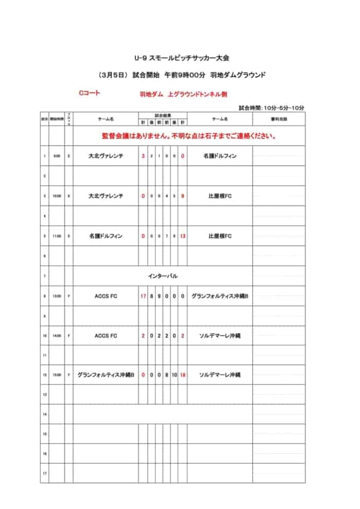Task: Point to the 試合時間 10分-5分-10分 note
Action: pyautogui.click(x=272, y=108)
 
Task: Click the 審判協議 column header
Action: pyautogui.click(x=278, y=119)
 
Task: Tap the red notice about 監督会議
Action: pyautogui.click(x=190, y=137)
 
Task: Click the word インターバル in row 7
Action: pyautogui.click(x=163, y=276)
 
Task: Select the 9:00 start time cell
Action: pyautogui.click(x=57, y=156)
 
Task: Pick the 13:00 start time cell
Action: pyautogui.click(x=57, y=296)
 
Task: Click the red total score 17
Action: pyautogui.click(x=143, y=296)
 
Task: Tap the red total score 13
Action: pyautogui.click(x=183, y=236)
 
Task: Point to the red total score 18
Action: pyautogui.click(x=183, y=375)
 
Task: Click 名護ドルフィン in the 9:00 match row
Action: pyautogui.click(x=220, y=156)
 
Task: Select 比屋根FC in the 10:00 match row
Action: pyautogui.click(x=220, y=196)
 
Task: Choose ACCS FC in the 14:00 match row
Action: pyautogui.click(x=106, y=336)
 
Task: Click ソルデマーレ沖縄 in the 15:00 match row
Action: pyautogui.click(x=220, y=375)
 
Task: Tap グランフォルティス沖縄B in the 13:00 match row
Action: pyautogui.click(x=220, y=296)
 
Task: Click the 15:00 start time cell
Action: pyautogui.click(x=57, y=375)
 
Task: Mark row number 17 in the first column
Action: pyautogui.click(x=45, y=474)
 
